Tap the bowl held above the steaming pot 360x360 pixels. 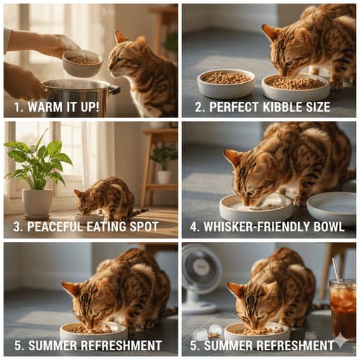click(x=82, y=63)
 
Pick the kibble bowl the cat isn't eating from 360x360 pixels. click(x=226, y=83)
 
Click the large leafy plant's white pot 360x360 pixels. click(x=37, y=203)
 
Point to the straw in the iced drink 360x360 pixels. click(x=336, y=270)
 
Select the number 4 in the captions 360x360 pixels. click(x=193, y=227)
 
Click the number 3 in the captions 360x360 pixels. click(x=17, y=227)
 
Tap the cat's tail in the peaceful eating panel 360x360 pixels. click(x=139, y=212)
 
